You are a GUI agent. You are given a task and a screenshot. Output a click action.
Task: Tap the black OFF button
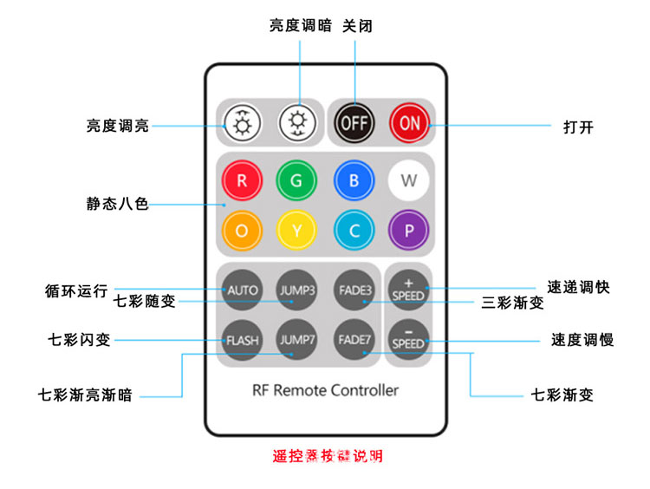click(354, 123)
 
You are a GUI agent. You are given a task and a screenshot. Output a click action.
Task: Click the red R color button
click(241, 181)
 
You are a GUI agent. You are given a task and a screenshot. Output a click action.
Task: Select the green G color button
click(296, 181)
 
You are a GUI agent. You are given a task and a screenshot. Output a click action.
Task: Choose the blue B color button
click(353, 181)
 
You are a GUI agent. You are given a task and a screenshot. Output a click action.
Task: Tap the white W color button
click(409, 181)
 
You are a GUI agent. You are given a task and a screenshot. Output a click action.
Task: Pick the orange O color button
click(241, 230)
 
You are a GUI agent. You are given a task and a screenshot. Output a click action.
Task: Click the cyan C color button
click(353, 230)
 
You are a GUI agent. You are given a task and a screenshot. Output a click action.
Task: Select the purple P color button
click(409, 230)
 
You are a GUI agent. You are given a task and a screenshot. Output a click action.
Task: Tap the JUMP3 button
click(296, 289)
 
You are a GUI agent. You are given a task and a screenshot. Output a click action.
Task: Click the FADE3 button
click(354, 289)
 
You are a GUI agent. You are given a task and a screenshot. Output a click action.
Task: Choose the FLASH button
click(242, 339)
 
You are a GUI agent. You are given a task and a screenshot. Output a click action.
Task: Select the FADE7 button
click(354, 339)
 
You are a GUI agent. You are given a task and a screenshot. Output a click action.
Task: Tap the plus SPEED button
click(408, 289)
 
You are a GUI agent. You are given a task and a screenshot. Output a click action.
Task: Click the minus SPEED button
click(408, 339)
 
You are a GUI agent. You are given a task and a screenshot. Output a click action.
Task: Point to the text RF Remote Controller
click(325, 390)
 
